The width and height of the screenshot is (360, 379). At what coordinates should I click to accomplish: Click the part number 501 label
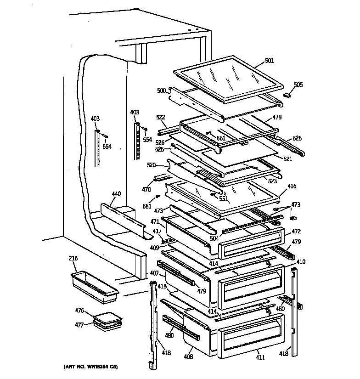(270, 60)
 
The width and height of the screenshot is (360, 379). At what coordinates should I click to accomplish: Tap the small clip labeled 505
(287, 95)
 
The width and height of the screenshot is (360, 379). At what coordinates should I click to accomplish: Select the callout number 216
(73, 258)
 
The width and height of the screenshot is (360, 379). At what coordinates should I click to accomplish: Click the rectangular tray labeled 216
(95, 287)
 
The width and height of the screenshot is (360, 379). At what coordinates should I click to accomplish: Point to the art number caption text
(90, 367)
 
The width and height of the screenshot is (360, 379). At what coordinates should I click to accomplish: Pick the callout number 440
(116, 194)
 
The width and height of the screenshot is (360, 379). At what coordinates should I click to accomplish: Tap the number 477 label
(79, 325)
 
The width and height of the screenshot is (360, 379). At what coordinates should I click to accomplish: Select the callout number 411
(260, 357)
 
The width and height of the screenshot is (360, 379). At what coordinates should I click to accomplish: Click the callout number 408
(188, 356)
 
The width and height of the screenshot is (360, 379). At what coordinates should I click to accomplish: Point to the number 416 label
(292, 186)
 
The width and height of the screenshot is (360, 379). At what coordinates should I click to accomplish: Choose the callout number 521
(287, 159)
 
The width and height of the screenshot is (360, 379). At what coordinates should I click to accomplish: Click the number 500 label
(161, 91)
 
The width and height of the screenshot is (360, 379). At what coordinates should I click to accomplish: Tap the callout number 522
(160, 117)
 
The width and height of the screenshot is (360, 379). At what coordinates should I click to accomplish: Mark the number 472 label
(296, 231)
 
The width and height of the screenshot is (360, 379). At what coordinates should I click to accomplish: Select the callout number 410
(301, 262)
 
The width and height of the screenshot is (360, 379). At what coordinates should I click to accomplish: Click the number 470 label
(146, 189)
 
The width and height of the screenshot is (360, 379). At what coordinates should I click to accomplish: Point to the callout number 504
(214, 238)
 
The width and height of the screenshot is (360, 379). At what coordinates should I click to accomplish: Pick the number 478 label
(277, 117)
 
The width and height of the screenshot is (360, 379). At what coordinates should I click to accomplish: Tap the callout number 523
(272, 181)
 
